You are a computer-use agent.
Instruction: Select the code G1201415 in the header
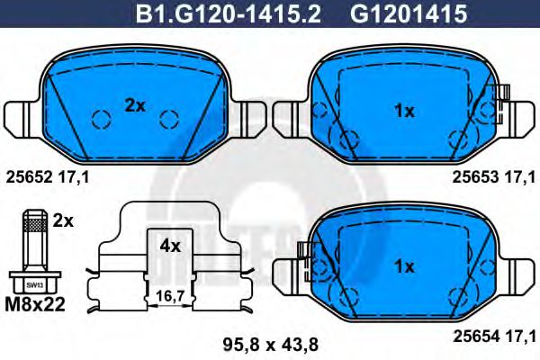[402, 14]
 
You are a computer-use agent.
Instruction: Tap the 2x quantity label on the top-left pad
[135, 105]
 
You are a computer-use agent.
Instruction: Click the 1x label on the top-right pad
[404, 111]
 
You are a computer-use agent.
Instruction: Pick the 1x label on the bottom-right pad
[404, 266]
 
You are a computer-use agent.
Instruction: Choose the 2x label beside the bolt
[64, 220]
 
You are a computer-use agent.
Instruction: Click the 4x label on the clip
[169, 245]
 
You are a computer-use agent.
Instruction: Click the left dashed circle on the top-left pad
[102, 118]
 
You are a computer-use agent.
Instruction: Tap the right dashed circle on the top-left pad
[169, 118]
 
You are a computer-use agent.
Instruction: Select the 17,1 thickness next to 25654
[521, 335]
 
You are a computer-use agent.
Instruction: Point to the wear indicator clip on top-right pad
[502, 94]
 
